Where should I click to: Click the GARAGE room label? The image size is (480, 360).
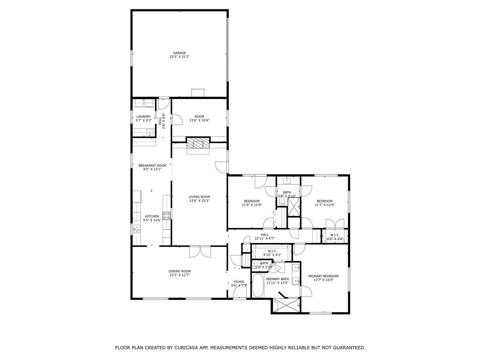click(180, 53)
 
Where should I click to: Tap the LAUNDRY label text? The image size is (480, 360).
click(143, 117)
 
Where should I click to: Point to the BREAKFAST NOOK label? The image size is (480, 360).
click(152, 165)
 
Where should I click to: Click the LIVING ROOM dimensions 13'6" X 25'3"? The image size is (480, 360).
click(199, 201)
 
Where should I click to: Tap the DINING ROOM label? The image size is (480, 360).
click(180, 271)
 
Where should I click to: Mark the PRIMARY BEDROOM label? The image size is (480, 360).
click(323, 276)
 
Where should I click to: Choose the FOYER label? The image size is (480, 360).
click(239, 282)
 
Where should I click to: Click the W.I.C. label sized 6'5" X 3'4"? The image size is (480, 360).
click(335, 235)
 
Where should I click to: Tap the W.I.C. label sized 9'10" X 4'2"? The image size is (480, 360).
click(272, 251)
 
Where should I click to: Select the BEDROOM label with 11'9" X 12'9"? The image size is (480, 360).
click(252, 201)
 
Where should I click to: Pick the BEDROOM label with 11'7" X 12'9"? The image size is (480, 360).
click(323, 201)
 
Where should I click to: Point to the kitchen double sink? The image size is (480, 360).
click(136, 229)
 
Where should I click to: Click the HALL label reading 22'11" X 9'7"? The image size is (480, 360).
click(265, 235)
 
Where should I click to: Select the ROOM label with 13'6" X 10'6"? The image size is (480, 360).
click(199, 117)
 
